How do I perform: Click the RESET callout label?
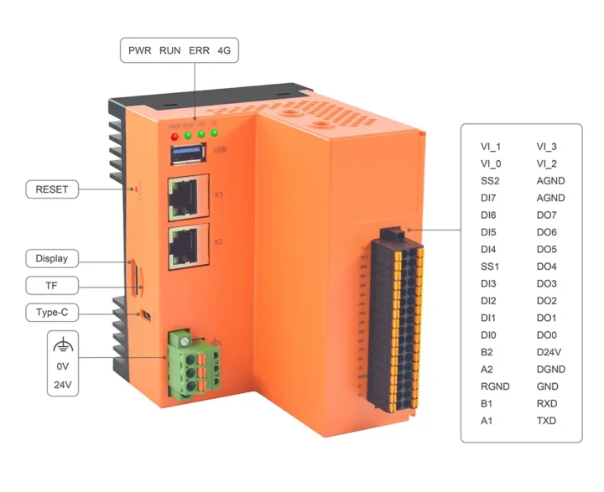click(51, 189)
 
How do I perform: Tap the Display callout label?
click(51, 258)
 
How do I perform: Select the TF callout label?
click(51, 285)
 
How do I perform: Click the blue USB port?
click(189, 153)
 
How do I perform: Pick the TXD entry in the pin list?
click(547, 421)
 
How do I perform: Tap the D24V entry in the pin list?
click(550, 352)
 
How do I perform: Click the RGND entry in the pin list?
click(495, 386)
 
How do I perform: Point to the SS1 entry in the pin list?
click(491, 267)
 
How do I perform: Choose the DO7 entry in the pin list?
click(547, 215)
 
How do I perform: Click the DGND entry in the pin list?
click(551, 370)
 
